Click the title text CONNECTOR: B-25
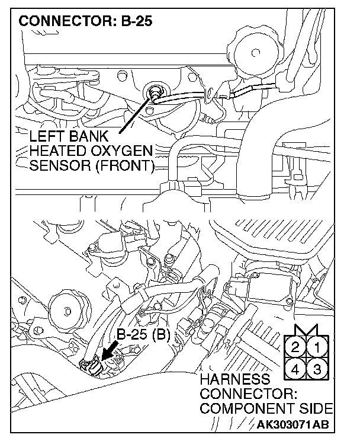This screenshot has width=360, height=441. (x=86, y=22)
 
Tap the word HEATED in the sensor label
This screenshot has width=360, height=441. (x=59, y=151)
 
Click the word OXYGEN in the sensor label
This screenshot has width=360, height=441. (x=123, y=151)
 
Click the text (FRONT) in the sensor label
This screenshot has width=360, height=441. (x=121, y=165)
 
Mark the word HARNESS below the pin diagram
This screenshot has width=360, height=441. (x=235, y=379)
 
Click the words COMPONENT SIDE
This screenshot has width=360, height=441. (x=266, y=408)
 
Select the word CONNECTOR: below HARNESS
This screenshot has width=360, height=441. (x=247, y=394)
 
